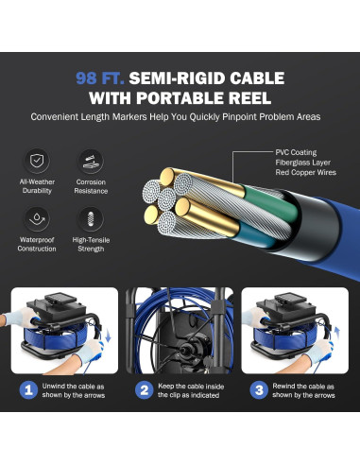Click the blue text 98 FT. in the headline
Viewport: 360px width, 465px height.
coord(100,78)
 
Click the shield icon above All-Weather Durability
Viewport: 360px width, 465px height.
coord(37,161)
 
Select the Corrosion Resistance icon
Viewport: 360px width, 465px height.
coord(91,162)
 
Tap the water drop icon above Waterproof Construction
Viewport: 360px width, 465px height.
coord(37,219)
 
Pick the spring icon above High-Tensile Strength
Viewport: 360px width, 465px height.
coord(91,219)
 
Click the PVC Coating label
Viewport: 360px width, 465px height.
coord(296,152)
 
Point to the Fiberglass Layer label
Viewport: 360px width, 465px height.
coord(303,163)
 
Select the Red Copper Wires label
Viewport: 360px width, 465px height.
coord(306,172)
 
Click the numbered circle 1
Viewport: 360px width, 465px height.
coord(28,390)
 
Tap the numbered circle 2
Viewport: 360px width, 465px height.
coord(145,390)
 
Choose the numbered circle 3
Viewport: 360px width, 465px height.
coord(259,390)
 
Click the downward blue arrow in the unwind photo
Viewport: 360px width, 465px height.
coord(108,336)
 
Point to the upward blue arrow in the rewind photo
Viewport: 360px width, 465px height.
coord(337,334)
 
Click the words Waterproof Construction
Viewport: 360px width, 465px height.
coord(37,244)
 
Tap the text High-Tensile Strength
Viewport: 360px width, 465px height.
coord(91,244)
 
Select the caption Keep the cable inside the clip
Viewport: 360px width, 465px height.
coord(191,390)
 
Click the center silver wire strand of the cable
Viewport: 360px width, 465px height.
coord(166,198)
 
